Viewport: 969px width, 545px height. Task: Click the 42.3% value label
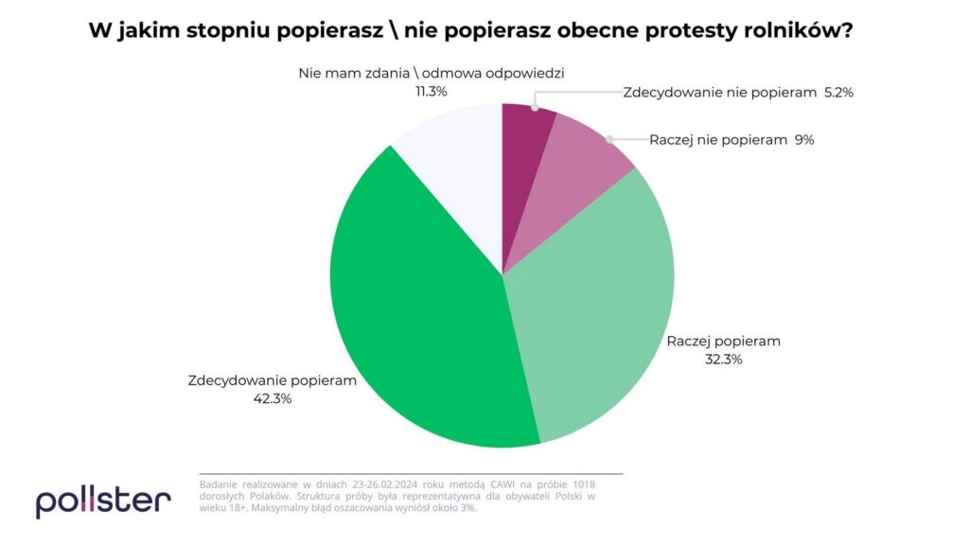click(272, 398)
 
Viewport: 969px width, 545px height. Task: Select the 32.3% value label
click(723, 359)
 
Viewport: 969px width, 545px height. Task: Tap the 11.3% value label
click(431, 92)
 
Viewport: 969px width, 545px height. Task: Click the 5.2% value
click(838, 93)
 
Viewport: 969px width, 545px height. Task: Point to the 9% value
click(804, 140)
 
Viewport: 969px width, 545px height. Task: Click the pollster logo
click(103, 501)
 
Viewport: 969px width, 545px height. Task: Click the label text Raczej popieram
click(723, 341)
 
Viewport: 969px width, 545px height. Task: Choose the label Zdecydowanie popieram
click(272, 381)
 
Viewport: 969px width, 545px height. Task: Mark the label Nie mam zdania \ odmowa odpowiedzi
click(431, 74)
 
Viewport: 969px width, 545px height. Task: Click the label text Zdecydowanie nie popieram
click(719, 93)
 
